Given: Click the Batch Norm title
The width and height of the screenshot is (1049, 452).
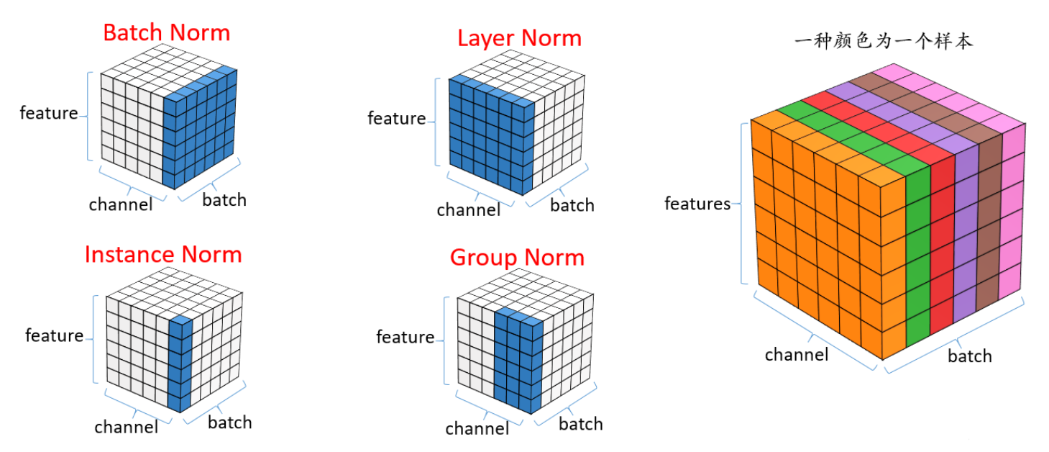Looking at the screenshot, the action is [167, 33].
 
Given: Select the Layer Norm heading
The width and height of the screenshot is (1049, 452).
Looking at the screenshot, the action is [519, 38].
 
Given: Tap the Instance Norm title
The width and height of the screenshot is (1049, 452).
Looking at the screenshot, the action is [163, 255].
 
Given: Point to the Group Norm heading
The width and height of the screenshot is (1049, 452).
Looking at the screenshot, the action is [518, 258].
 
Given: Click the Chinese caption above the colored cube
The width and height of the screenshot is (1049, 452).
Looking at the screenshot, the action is [883, 41].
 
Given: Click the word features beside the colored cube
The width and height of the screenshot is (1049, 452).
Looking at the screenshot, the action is [697, 204].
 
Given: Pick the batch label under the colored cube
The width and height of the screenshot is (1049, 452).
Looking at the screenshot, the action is [970, 356].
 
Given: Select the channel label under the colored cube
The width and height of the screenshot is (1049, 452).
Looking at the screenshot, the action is [797, 354].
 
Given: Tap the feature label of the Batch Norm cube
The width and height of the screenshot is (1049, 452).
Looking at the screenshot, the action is [49, 113].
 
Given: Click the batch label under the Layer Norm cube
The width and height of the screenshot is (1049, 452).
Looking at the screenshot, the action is [572, 205].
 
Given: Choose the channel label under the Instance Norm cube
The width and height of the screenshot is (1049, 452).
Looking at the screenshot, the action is [127, 427].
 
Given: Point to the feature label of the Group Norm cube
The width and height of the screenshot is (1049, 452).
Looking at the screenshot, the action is [405, 337].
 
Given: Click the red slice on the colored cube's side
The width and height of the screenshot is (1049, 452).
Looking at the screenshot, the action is [942, 243].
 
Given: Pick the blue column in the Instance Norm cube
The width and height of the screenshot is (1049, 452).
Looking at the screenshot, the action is [180, 364].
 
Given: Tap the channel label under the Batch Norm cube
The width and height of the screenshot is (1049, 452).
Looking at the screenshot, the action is [121, 204].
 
